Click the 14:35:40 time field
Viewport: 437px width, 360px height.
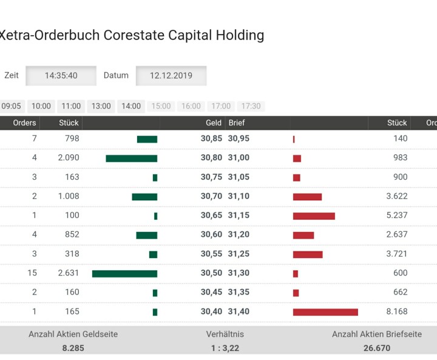61,76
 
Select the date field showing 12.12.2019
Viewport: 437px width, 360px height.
171,76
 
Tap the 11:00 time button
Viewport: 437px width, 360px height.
71,106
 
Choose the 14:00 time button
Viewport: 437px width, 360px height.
131,106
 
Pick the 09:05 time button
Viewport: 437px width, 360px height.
11,106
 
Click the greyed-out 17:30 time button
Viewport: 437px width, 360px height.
251,106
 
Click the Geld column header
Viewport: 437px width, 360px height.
214,123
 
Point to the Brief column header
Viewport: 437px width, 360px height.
236,123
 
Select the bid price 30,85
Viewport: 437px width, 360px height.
211,139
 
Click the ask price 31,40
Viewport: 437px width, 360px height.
239,312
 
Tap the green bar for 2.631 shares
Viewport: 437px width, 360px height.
124,274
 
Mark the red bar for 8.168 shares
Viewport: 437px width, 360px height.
325,312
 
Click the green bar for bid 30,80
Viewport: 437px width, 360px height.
131,158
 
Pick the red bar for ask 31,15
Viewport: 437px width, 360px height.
314,216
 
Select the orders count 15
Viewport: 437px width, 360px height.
32,273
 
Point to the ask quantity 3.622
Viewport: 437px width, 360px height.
396,197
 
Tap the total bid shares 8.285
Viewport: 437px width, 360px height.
73,348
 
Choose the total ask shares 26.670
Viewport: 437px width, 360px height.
377,348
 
